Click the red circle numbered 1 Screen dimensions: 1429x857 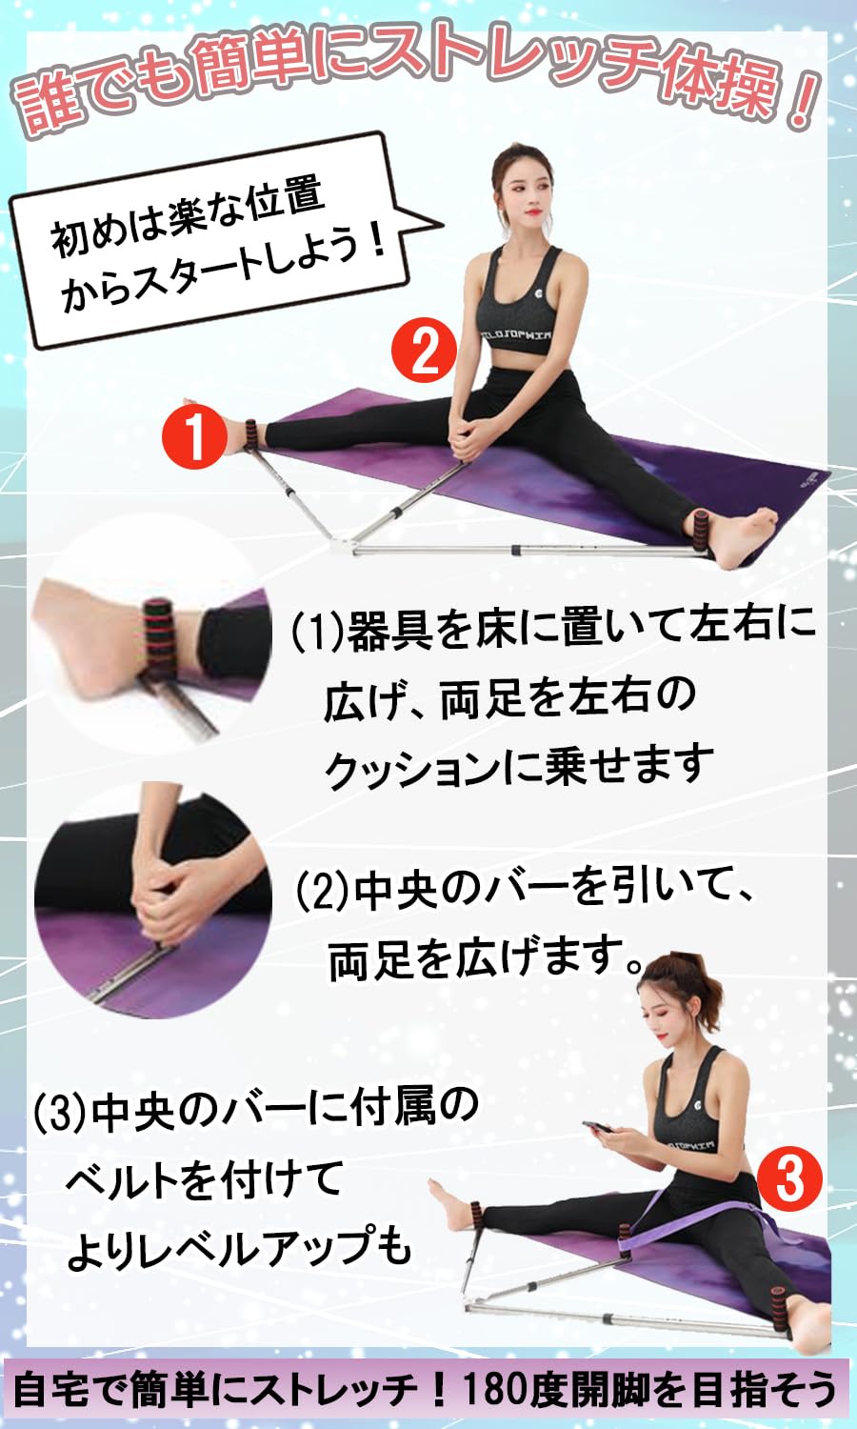coord(194,435)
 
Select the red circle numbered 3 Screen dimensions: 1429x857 coord(789,1179)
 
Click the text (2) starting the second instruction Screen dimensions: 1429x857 coord(323,892)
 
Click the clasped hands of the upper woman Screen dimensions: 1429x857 coord(468,440)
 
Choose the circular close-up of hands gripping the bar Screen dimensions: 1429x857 coord(152,900)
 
